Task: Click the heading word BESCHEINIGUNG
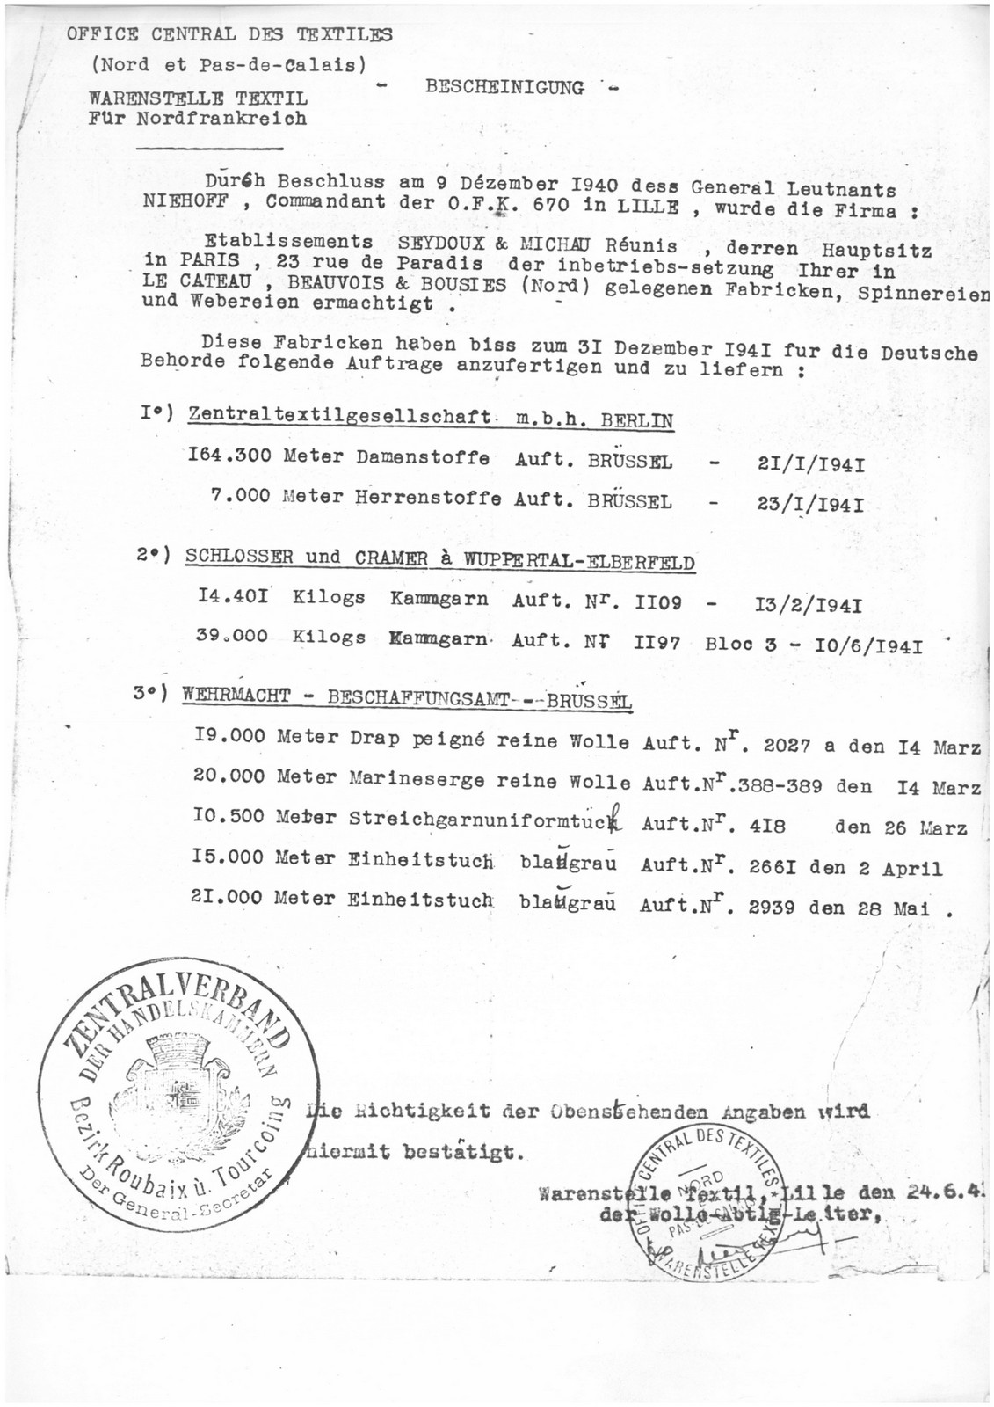(x=504, y=87)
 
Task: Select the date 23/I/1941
(x=806, y=506)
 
